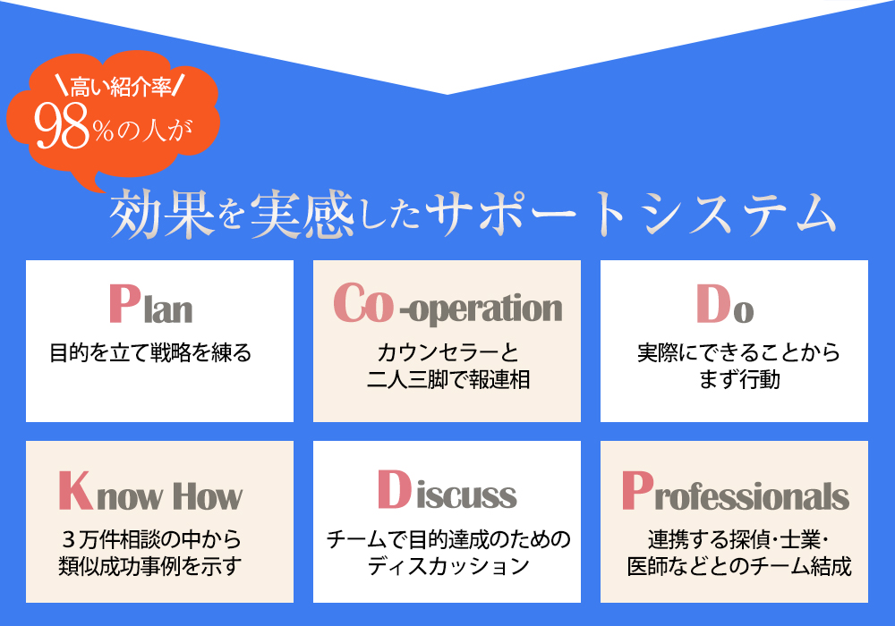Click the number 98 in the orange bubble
coord(62,127)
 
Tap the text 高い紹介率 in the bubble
coord(121,88)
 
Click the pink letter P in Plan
coord(124,304)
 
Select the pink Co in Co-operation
coord(363,303)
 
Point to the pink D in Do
coord(713,304)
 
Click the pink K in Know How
coord(75,490)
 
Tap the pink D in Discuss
coord(394,489)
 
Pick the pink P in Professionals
coord(637,490)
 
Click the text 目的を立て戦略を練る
coord(150,353)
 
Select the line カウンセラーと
coord(447,353)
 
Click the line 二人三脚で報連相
coord(448,380)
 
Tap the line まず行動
coord(739,379)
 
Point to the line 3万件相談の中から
coord(151,538)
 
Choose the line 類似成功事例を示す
coord(150,566)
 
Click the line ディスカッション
coord(448,566)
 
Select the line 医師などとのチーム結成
coord(739,566)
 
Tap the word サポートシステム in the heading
coord(631,214)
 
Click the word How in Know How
coord(208,496)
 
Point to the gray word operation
coord(486,309)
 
